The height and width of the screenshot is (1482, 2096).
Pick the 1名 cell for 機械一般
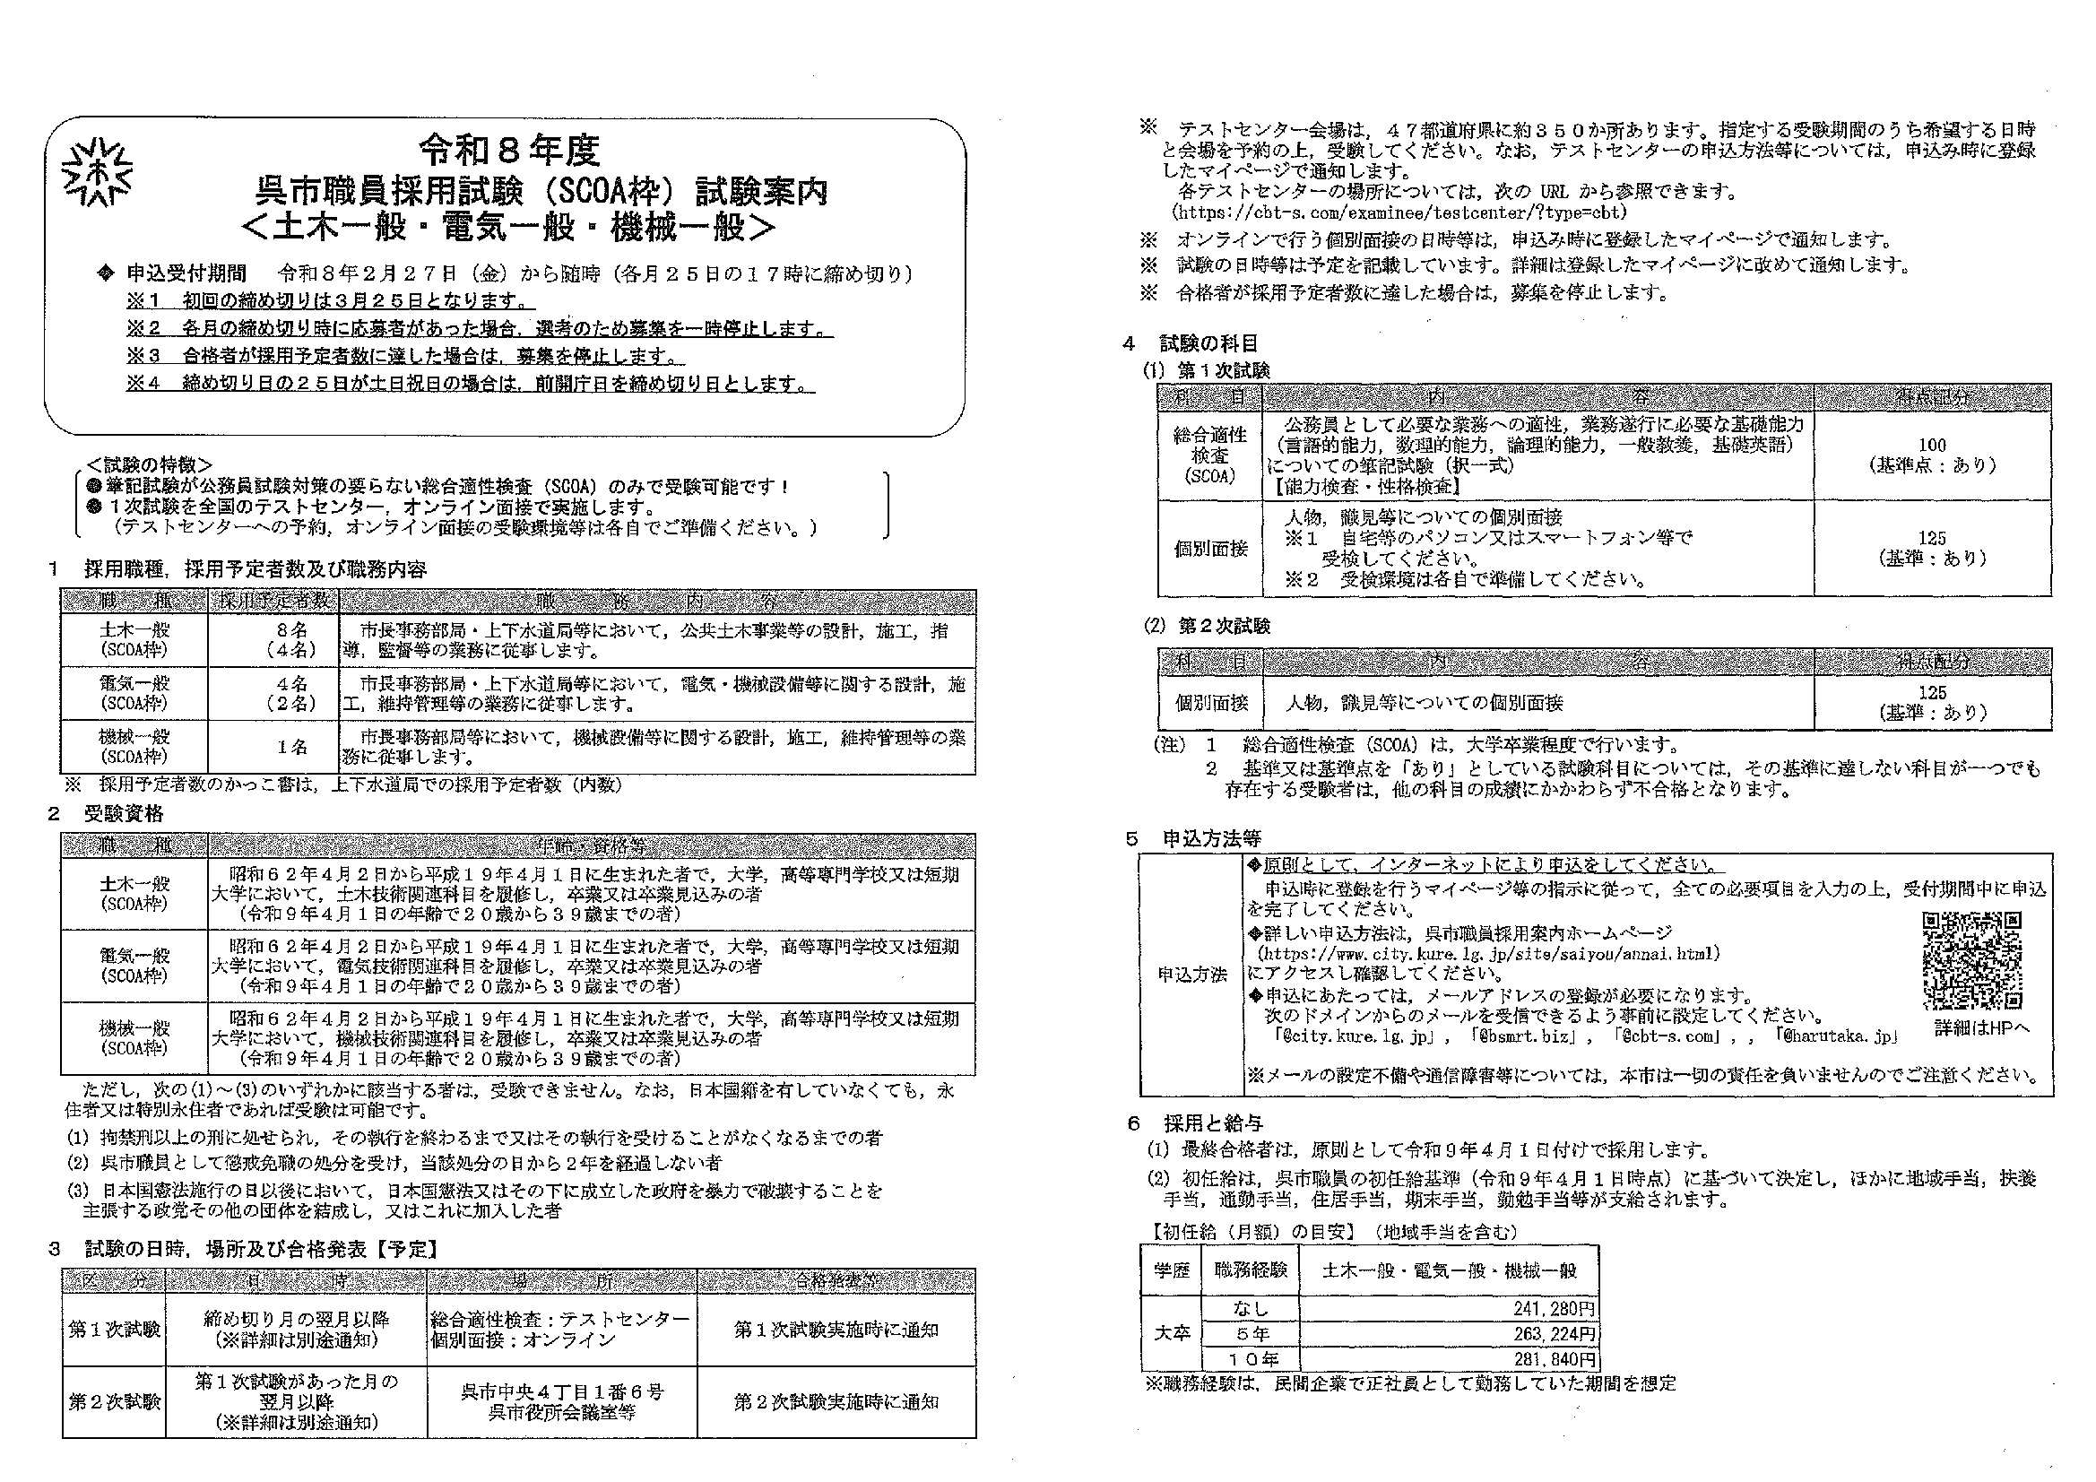click(x=292, y=746)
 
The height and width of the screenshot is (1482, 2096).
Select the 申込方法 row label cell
click(x=1191, y=975)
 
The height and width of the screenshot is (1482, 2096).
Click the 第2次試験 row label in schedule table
click(x=114, y=1401)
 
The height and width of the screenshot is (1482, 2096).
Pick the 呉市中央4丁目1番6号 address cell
click(x=561, y=1401)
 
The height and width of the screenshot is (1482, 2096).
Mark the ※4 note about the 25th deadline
click(x=470, y=384)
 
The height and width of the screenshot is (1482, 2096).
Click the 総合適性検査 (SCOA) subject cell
click(x=1209, y=455)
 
